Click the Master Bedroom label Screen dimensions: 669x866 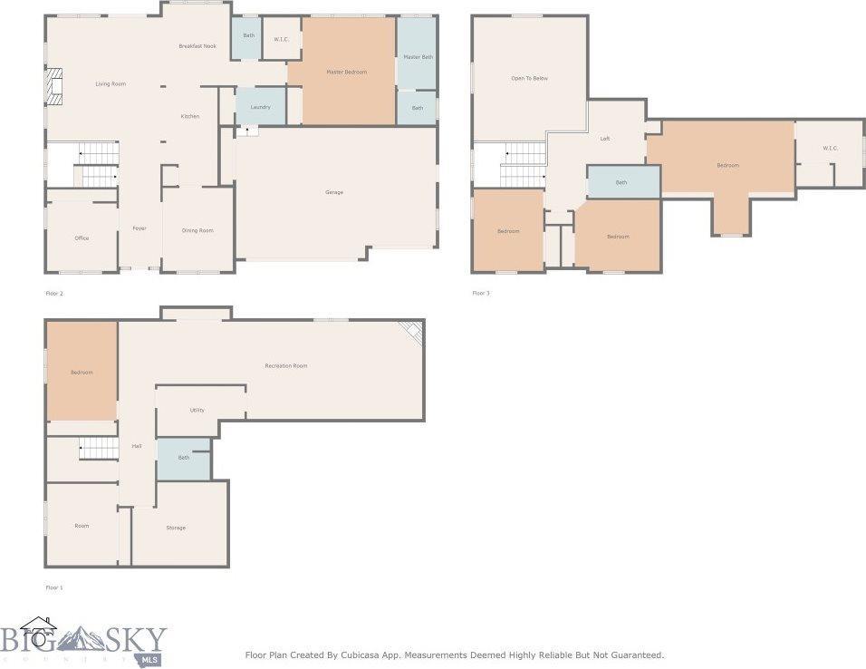346,72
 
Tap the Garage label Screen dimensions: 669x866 334,192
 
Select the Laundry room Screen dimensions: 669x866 260,107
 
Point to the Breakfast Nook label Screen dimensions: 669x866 197,45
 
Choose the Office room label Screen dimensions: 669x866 82,238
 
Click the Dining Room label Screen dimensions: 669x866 197,231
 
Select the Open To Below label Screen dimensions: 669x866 529,79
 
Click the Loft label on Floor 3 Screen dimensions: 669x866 605,139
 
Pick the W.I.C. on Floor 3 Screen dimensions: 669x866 830,148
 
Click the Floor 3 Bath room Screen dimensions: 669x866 621,182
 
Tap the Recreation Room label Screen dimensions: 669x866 285,365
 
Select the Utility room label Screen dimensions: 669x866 197,410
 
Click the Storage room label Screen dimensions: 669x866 176,528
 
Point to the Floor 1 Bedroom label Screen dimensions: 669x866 82,372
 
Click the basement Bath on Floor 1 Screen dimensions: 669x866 184,458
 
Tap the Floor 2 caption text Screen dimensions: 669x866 54,294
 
